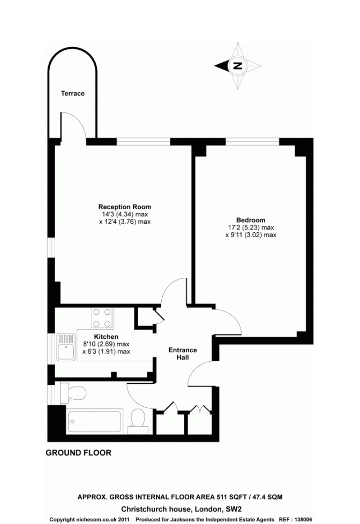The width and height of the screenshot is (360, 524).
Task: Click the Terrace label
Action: [x=73, y=94]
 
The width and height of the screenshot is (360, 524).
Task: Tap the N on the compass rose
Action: [x=237, y=65]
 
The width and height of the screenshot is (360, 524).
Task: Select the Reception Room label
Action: [x=125, y=207]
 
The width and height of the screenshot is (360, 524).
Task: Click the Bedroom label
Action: [x=251, y=220]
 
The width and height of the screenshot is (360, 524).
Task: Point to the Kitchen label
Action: [x=106, y=337]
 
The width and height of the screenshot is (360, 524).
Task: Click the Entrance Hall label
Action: [x=183, y=354]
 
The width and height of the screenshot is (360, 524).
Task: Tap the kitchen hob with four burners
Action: [x=102, y=318]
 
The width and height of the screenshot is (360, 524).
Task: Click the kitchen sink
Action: [x=66, y=347]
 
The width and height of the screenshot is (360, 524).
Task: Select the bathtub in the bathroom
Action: [x=95, y=421]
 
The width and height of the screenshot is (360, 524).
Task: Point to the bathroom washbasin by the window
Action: [x=73, y=393]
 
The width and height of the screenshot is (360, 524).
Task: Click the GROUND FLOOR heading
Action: [x=78, y=453]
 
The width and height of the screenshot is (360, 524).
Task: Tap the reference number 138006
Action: [x=302, y=520]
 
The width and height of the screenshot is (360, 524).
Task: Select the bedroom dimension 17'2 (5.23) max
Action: [x=251, y=227]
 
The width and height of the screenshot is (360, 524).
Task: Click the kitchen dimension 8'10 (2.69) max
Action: [x=106, y=344]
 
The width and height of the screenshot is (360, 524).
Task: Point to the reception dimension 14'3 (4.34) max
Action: [x=125, y=214]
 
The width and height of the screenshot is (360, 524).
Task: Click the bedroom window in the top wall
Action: [x=252, y=142]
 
